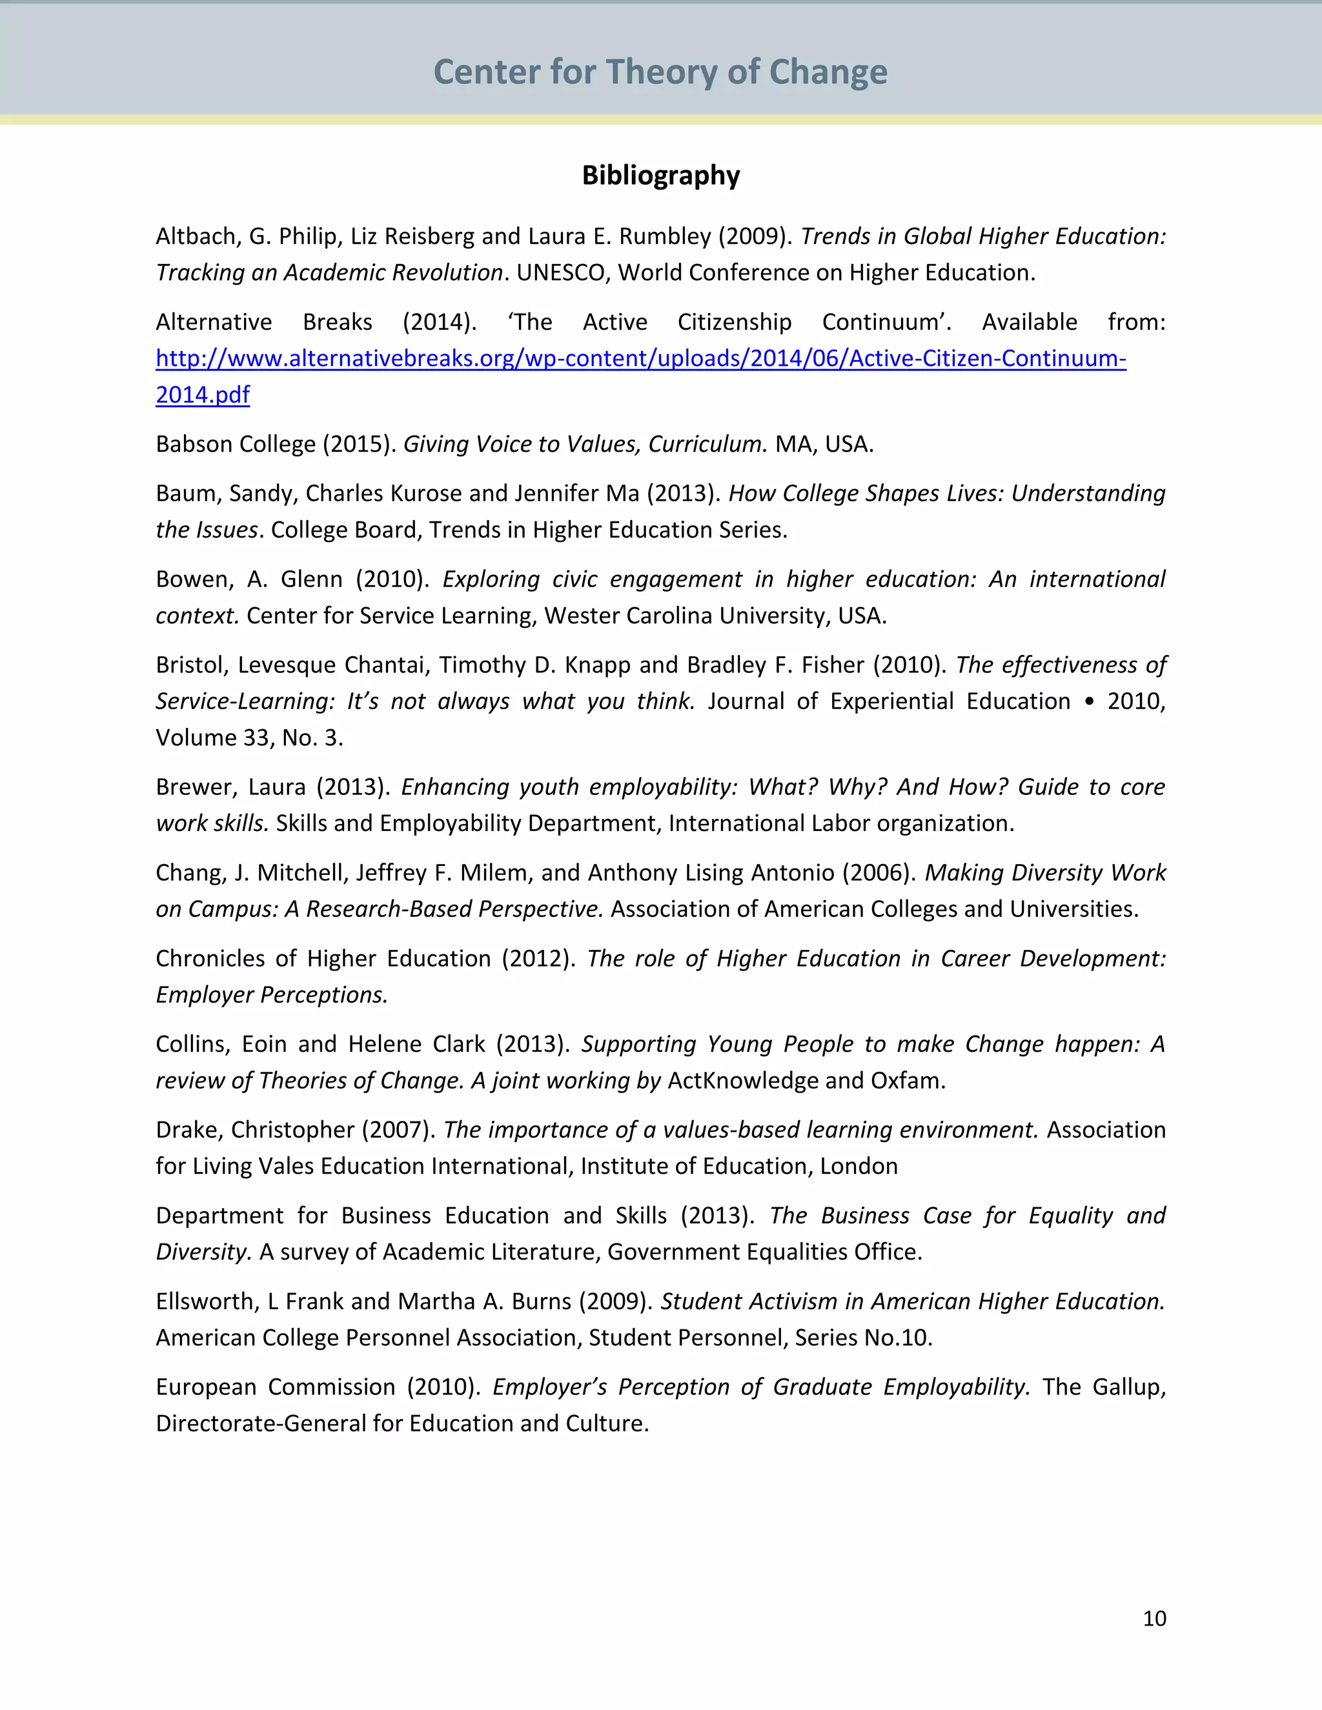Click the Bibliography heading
tap(660, 176)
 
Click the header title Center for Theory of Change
tap(660, 72)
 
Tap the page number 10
tap(1154, 1618)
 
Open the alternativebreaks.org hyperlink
tap(640, 359)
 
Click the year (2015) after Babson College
tap(360, 444)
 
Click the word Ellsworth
tap(206, 1302)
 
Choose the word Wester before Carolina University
tap(580, 616)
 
